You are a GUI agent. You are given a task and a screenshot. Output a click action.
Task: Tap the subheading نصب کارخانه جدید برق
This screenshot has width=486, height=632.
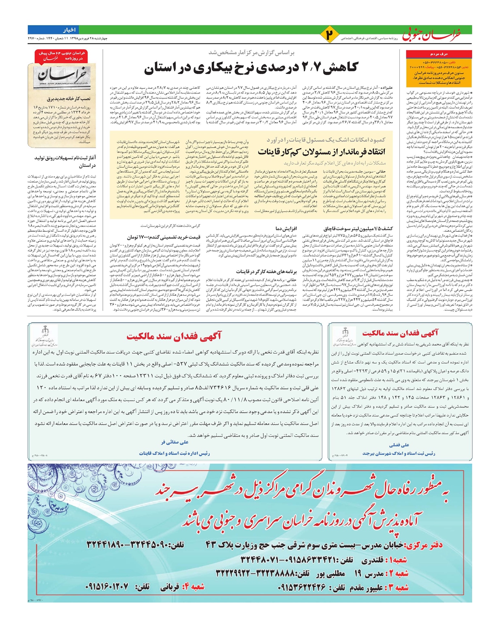tap(69, 98)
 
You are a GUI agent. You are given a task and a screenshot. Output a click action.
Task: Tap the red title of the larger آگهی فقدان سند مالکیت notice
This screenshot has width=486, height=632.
tap(174, 336)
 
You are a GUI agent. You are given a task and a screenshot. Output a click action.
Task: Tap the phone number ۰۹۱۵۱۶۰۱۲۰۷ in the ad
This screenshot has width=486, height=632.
tap(107, 587)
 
